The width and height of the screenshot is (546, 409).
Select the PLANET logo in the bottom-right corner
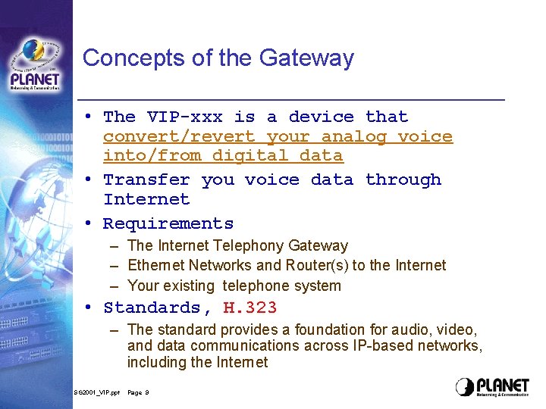(493, 387)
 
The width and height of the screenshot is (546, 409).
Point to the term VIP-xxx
(185, 117)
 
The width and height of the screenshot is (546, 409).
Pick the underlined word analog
(354, 136)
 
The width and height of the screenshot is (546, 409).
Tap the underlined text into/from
(152, 156)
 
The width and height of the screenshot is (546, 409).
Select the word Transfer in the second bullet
(146, 180)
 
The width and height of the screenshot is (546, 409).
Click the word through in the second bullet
(403, 180)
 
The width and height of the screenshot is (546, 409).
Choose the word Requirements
(168, 223)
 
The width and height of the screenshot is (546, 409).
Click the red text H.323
(250, 308)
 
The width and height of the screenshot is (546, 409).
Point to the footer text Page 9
(138, 393)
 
